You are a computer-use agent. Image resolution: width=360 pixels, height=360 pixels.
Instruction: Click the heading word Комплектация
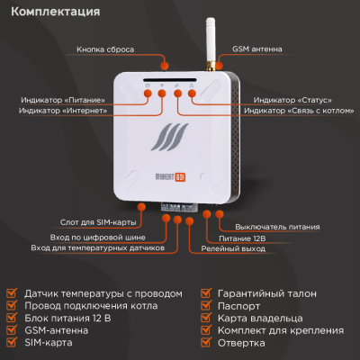tap(56, 13)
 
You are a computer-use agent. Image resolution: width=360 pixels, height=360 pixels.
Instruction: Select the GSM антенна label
tap(257, 49)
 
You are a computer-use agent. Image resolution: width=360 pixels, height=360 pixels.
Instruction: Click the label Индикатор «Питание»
tap(62, 99)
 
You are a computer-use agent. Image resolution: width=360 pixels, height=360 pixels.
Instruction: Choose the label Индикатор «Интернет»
tap(62, 110)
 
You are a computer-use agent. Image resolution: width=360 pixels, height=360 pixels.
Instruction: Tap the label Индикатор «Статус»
tap(293, 99)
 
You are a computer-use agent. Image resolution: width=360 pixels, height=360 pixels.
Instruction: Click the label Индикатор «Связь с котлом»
tap(293, 110)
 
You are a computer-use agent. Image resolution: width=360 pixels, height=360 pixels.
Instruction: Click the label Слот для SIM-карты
tap(107, 220)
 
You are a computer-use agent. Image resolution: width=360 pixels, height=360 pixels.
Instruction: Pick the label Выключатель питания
tap(272, 226)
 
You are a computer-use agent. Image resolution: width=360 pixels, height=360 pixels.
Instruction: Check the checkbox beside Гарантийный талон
tap(206, 293)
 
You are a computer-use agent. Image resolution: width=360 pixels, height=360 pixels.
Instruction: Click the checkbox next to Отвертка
tap(206, 344)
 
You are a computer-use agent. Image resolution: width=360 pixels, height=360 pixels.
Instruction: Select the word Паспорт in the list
tap(238, 306)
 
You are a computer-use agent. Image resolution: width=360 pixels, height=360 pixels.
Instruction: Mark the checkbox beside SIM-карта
tap(12, 344)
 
